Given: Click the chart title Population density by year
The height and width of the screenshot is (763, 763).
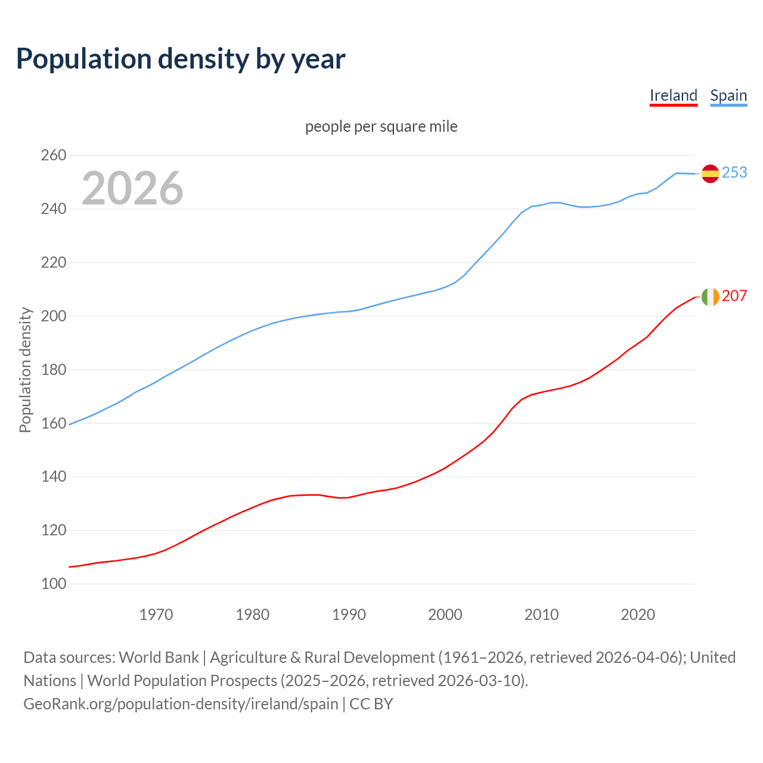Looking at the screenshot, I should [181, 58].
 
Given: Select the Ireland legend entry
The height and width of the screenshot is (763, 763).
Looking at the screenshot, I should [673, 95].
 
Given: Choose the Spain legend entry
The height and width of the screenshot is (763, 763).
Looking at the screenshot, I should [728, 95].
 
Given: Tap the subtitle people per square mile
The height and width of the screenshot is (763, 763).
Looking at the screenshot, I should [381, 126].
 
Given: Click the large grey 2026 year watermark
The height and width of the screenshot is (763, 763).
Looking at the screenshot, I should [132, 188].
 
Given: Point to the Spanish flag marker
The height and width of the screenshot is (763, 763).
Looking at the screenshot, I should [710, 173].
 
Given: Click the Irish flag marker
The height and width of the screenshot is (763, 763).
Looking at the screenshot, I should [710, 296].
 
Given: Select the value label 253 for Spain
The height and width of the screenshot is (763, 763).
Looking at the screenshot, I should [734, 172].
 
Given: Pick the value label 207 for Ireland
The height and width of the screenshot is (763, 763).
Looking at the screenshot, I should [734, 296].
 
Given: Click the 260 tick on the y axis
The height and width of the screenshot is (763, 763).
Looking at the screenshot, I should [54, 156].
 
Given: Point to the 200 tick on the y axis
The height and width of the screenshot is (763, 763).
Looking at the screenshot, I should [54, 316].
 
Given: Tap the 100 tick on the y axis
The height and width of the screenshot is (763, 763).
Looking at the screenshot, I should [54, 584].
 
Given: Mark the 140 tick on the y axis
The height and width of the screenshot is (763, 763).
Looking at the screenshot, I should [54, 477].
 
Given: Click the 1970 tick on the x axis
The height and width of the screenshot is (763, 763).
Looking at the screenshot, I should [156, 615].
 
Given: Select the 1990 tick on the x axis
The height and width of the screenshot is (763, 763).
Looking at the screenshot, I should [349, 615].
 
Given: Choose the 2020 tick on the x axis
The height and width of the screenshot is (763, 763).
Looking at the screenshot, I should [638, 615].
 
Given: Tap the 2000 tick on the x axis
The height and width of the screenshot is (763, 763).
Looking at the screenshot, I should [445, 615].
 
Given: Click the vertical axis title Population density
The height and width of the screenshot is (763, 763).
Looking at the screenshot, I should [25, 370].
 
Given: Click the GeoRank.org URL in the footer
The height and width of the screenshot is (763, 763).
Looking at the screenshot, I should [181, 704].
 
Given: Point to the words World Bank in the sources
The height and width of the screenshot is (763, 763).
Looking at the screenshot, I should [159, 657].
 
